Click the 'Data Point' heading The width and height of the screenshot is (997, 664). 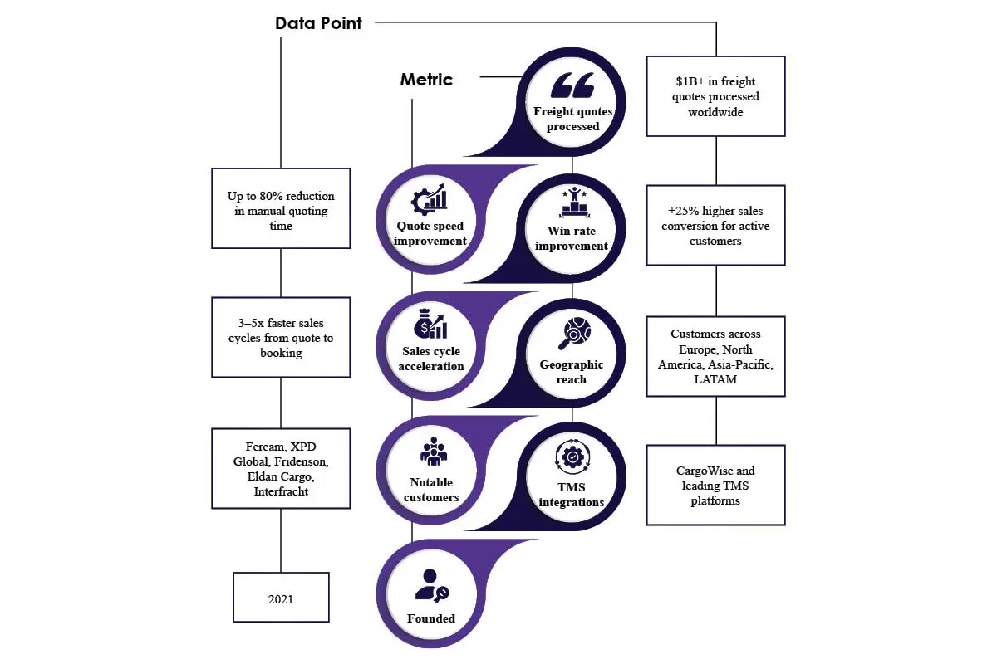click(318, 23)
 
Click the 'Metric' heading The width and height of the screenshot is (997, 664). click(426, 80)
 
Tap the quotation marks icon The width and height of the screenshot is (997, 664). click(572, 85)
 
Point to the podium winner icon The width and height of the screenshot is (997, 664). click(574, 203)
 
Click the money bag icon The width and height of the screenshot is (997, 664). click(430, 324)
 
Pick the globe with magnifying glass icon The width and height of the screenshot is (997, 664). click(575, 333)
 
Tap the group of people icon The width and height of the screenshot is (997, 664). click(434, 452)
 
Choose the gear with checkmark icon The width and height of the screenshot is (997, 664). click(572, 456)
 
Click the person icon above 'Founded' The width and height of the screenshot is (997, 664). click(432, 586)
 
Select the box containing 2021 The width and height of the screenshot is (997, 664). click(281, 598)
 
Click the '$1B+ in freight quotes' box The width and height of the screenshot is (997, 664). click(715, 96)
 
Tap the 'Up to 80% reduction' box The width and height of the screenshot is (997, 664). click(281, 208)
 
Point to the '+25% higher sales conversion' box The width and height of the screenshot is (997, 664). click(715, 226)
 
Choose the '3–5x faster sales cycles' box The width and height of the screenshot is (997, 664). click(281, 338)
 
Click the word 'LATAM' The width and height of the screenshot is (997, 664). click(715, 379)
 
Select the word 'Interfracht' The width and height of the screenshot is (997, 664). click(281, 491)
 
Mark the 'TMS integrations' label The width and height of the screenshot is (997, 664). click(572, 495)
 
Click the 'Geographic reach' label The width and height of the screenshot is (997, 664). click(572, 372)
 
